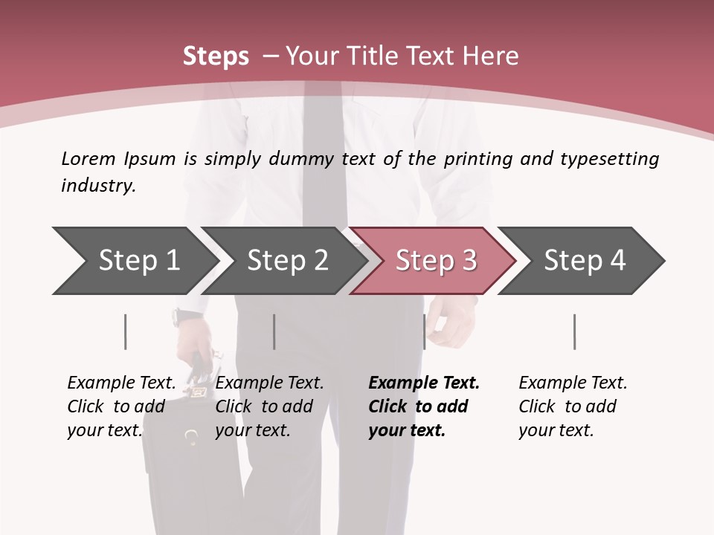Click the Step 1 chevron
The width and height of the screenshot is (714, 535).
coord(138,261)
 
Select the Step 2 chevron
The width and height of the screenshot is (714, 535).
coord(286,261)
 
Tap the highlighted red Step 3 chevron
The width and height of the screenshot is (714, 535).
coord(435,261)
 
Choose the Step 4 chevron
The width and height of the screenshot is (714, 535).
coord(584,261)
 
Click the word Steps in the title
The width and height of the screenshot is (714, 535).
coord(216,56)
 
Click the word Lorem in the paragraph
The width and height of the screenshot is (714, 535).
coord(88,158)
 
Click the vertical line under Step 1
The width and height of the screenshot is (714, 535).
coord(126,331)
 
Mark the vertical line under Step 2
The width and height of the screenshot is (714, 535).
coord(274,331)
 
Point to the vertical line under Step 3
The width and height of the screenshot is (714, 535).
coord(424,331)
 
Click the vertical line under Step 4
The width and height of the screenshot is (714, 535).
coord(575,331)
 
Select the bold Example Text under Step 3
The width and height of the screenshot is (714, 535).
coord(424,383)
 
